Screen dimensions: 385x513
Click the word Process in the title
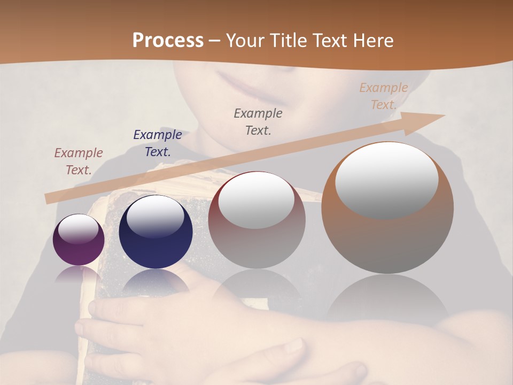[x=168, y=41]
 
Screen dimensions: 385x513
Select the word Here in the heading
[x=373, y=41]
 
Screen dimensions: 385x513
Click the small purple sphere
[x=79, y=240]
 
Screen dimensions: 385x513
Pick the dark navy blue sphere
[x=156, y=232]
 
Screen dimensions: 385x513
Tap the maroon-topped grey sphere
[x=256, y=220]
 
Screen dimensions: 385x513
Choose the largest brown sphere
[x=387, y=208]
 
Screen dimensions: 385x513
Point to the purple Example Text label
[x=79, y=161]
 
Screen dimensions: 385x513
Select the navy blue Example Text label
[x=158, y=143]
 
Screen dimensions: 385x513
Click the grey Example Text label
[x=258, y=121]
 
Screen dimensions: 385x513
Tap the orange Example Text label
[x=384, y=96]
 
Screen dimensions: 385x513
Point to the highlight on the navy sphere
[x=155, y=216]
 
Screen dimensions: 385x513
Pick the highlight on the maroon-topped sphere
[x=256, y=199]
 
